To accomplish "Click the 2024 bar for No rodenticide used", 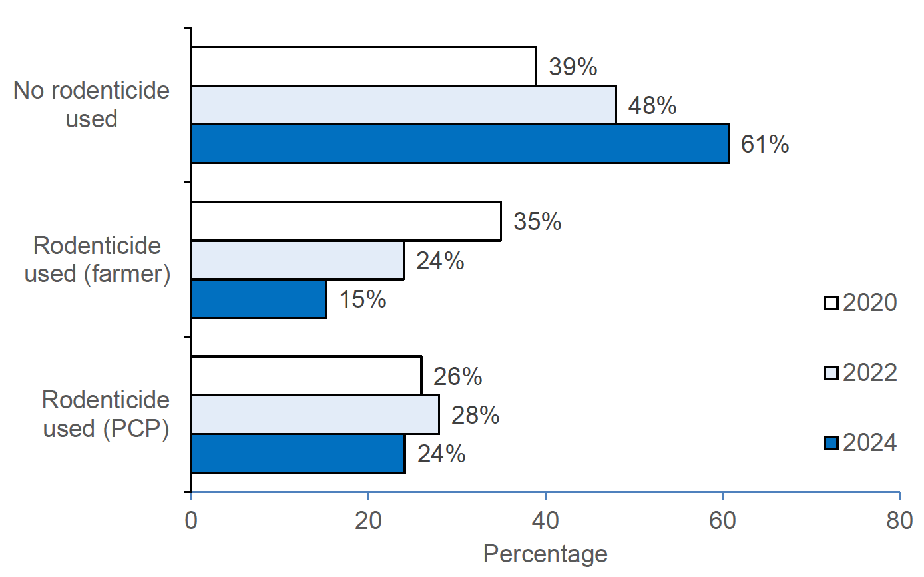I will click(459, 143).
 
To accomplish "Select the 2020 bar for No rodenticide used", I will click(363, 66).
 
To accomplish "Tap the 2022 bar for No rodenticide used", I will click(403, 105).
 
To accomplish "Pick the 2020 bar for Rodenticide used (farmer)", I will click(346, 221).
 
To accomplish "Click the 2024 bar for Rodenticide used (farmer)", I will click(258, 298).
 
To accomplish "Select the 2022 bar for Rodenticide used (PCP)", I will click(315, 414).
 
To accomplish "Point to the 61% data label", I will click(765, 144).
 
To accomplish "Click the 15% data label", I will click(363, 299).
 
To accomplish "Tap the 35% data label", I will click(537, 221).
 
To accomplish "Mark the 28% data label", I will click(475, 415).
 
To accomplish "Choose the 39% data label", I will click(573, 67).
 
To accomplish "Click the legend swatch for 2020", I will click(831, 303).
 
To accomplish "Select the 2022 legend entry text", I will click(870, 373).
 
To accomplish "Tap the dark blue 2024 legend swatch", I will click(831, 443).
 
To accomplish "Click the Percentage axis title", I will click(545, 554).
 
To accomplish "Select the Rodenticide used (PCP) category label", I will click(105, 414).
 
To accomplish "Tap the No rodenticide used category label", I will click(91, 105).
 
